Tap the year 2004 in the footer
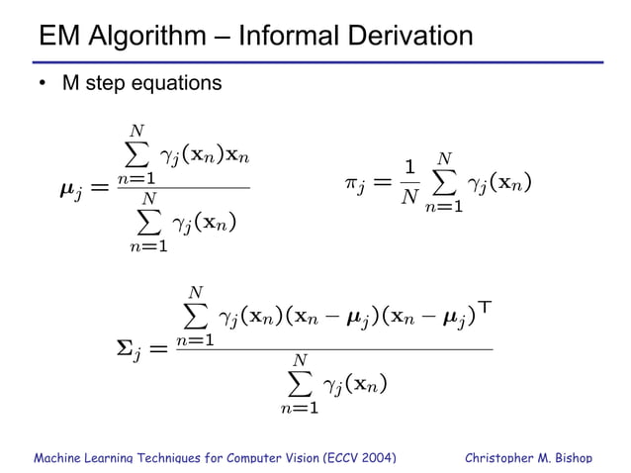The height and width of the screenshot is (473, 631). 375,457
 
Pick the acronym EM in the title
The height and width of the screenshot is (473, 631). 57,38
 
